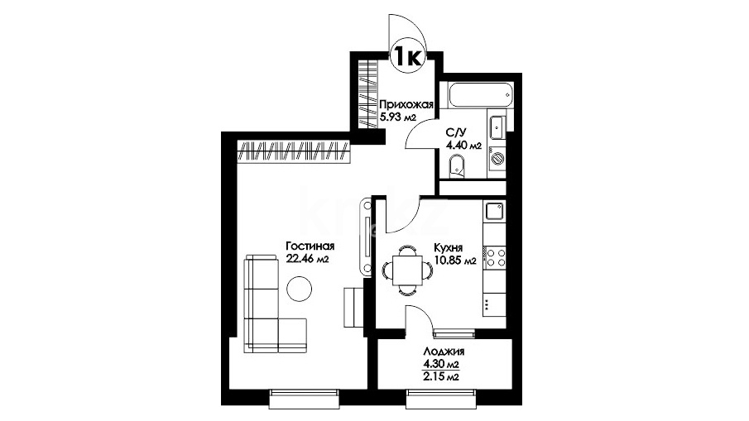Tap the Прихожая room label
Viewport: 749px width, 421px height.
click(406, 104)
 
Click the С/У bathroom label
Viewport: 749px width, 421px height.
click(454, 132)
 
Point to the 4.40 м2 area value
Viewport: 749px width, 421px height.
click(463, 145)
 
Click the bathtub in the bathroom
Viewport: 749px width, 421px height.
click(481, 95)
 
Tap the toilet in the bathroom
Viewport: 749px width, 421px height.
click(457, 165)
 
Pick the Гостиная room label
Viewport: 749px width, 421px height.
click(310, 246)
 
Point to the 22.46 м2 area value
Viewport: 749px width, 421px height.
click(307, 259)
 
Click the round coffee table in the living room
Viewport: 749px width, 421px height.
click(299, 289)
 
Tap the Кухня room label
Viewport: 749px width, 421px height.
click(448, 248)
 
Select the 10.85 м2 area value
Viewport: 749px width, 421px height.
click(455, 261)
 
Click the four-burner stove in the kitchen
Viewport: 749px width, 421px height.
click(495, 256)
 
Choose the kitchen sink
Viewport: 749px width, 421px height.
click(494, 211)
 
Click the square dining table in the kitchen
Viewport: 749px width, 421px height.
click(407, 270)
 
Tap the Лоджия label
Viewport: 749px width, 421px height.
click(444, 352)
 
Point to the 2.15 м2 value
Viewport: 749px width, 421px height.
click(441, 376)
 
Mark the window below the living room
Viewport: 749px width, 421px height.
click(305, 399)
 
